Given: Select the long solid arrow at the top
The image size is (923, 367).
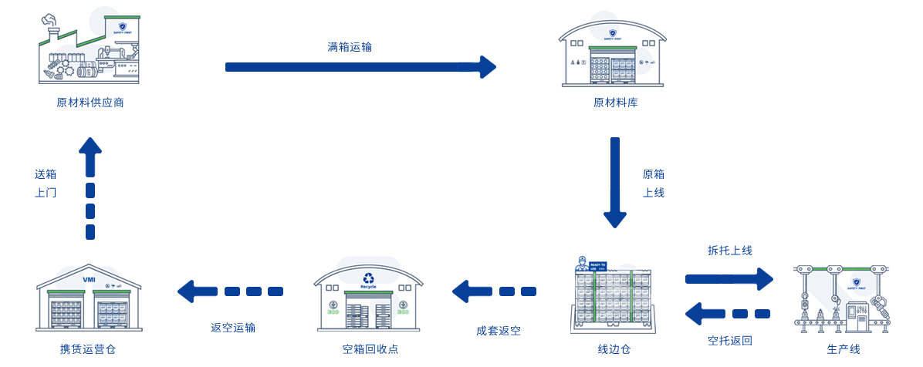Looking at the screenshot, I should pyautogui.click(x=360, y=67).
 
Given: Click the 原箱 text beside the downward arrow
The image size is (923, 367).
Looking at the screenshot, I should pyautogui.click(x=653, y=173).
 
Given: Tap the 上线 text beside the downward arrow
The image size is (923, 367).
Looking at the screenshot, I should pyautogui.click(x=653, y=192).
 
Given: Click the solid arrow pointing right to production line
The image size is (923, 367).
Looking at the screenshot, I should pyautogui.click(x=729, y=278).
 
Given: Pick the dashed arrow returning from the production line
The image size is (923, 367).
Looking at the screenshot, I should pyautogui.click(x=729, y=313).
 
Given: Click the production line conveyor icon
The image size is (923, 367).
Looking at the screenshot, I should pyautogui.click(x=841, y=299).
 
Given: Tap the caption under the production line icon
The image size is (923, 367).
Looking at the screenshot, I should pyautogui.click(x=843, y=349).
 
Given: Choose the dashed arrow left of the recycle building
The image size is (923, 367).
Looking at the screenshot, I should pyautogui.click(x=232, y=291).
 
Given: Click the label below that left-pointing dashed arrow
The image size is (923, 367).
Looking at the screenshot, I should pyautogui.click(x=232, y=328).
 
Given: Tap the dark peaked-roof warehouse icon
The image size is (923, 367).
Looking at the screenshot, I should pyautogui.click(x=89, y=299).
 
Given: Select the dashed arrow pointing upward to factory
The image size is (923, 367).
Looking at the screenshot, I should pyautogui.click(x=90, y=190).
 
